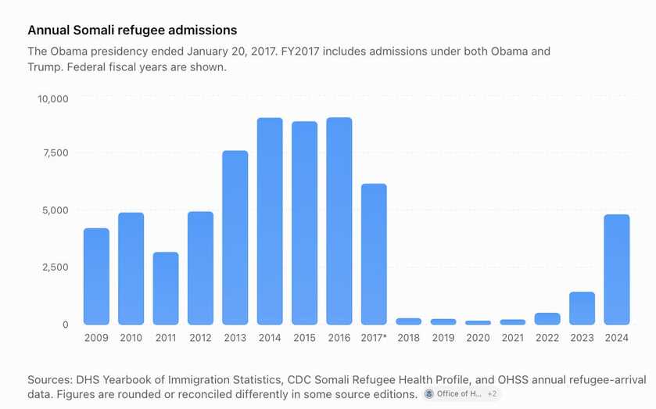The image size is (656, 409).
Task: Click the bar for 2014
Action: point(270,221)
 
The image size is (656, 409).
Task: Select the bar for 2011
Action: point(166,289)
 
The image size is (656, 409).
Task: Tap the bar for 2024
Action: point(617,270)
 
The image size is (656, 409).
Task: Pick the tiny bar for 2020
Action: point(479,323)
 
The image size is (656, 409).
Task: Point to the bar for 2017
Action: point(374,254)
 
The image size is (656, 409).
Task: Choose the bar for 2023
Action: point(582,308)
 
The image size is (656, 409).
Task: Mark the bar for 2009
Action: point(96,276)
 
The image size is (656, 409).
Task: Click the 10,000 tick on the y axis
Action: point(52,99)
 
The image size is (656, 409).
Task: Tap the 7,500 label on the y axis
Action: point(55,152)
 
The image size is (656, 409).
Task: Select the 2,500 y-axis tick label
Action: point(55,267)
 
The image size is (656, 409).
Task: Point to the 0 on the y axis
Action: point(65,325)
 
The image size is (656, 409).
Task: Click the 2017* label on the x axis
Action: point(374,338)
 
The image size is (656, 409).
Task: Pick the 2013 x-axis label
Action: point(235,338)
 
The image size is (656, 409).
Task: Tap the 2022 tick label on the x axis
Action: point(547,338)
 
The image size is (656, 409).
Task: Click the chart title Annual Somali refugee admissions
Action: point(132,30)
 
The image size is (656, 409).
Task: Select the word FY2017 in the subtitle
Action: point(300,52)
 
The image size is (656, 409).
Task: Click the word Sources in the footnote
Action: point(50,380)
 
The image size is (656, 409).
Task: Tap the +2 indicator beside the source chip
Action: point(492,394)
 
